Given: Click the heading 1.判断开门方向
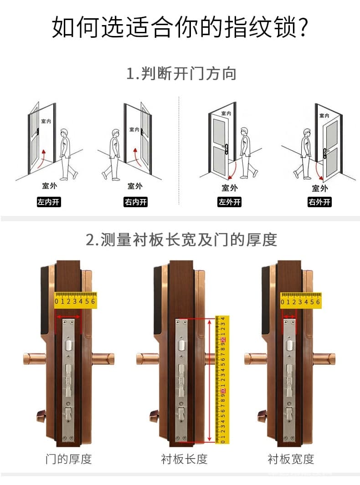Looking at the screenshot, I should point(181,73).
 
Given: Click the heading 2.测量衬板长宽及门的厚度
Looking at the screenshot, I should point(181,240).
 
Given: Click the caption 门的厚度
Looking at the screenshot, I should point(69,459).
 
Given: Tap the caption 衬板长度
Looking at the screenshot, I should point(184,459).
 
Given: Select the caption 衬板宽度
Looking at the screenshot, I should point(291,459).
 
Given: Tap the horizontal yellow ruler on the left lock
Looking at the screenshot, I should point(75,300).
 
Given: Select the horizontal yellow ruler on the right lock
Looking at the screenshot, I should point(300,300).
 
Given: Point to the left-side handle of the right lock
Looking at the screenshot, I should point(255,359).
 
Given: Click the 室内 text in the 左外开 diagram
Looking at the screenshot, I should point(226,113).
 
